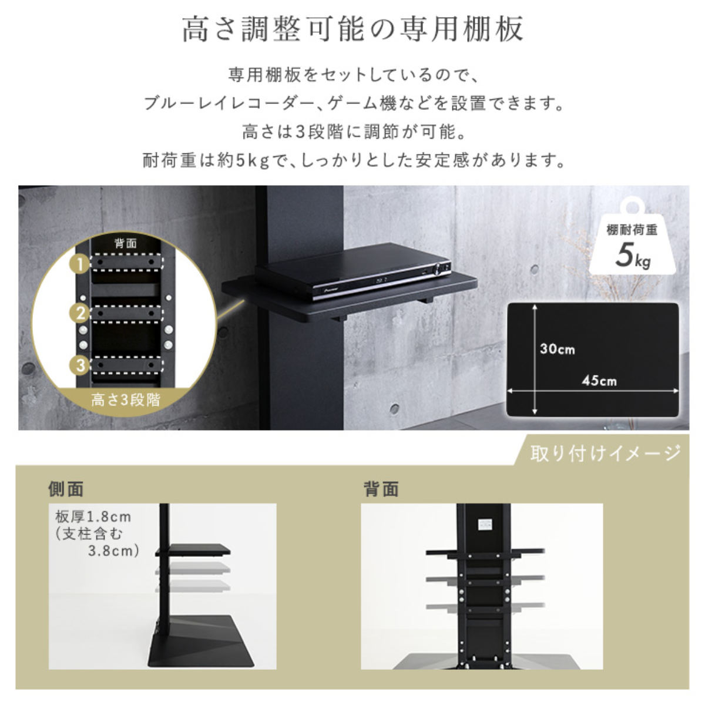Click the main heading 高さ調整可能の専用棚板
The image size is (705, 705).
pyautogui.click(x=352, y=29)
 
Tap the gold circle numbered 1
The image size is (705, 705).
pyautogui.click(x=79, y=264)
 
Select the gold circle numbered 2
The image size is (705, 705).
pyautogui.click(x=79, y=313)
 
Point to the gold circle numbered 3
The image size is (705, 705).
pyautogui.click(x=79, y=365)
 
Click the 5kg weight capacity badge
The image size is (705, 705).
pyautogui.click(x=632, y=238)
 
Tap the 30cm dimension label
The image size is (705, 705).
pyautogui.click(x=557, y=349)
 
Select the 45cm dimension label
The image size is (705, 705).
pyautogui.click(x=599, y=381)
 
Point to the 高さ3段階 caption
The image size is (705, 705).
pyautogui.click(x=126, y=400)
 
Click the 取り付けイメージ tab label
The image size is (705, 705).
pyautogui.click(x=606, y=454)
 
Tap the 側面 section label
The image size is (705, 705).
pyautogui.click(x=66, y=489)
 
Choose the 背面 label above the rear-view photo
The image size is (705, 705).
pyautogui.click(x=381, y=489)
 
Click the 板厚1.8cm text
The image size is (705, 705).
pyautogui.click(x=93, y=517)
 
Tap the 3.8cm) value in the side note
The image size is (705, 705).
pyautogui.click(x=114, y=551)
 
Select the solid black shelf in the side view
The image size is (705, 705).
pyautogui.click(x=193, y=550)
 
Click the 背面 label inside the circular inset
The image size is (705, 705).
pyautogui.click(x=126, y=243)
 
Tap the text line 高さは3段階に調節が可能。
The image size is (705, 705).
pyautogui.click(x=354, y=132)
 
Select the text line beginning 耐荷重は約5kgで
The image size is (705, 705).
pyautogui.click(x=354, y=160)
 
